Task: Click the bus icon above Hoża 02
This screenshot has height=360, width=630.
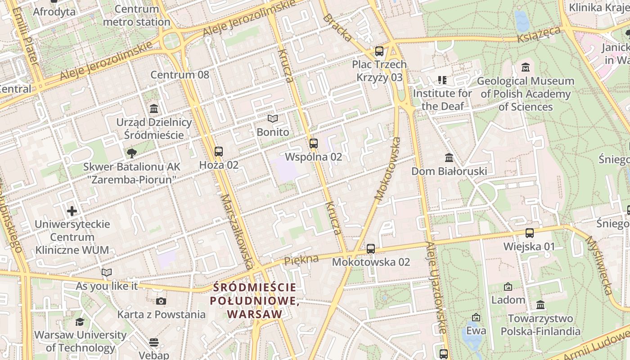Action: pyautogui.click(x=219, y=152)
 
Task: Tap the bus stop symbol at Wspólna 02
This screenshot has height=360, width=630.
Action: pyautogui.click(x=314, y=144)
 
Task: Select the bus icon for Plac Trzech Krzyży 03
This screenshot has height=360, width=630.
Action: pyautogui.click(x=379, y=51)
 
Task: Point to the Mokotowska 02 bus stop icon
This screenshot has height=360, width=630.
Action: pyautogui.click(x=371, y=248)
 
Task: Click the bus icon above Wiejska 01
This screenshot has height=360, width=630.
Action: pyautogui.click(x=530, y=233)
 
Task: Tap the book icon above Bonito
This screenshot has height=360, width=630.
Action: pyautogui.click(x=273, y=119)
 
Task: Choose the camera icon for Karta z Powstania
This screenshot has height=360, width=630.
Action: pyautogui.click(x=161, y=301)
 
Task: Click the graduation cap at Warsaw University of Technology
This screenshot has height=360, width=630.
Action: pyautogui.click(x=80, y=322)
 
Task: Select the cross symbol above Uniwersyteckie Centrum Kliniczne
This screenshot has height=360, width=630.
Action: pyautogui.click(x=72, y=211)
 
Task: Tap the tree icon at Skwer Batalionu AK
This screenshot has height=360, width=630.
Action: pyautogui.click(x=131, y=153)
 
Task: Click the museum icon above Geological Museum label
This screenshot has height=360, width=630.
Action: pyautogui.click(x=525, y=68)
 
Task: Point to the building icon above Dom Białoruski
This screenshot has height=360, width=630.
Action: pyautogui.click(x=449, y=158)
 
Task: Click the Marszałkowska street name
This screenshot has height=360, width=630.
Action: pyautogui.click(x=238, y=231)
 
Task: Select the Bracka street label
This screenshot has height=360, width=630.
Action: pyautogui.click(x=337, y=28)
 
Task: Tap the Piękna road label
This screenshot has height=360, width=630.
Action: pyautogui.click(x=301, y=260)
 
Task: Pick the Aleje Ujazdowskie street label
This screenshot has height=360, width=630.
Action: pyautogui.click(x=436, y=288)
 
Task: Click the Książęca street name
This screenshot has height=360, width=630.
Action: pyautogui.click(x=539, y=35)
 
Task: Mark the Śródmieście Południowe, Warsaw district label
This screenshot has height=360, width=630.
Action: pyautogui.click(x=255, y=301)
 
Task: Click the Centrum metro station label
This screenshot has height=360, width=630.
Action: pyautogui.click(x=137, y=15)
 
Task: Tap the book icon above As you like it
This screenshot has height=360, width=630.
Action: pyautogui.click(x=107, y=273)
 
